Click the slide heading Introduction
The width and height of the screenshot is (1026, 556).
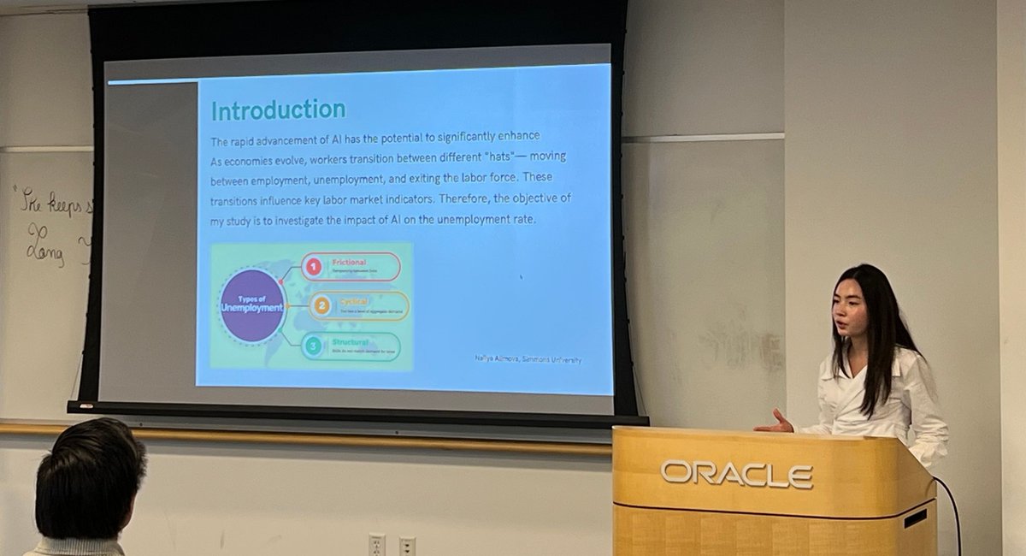(x=278, y=110)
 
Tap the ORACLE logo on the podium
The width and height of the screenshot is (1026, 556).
(x=735, y=473)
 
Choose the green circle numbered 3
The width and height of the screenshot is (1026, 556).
(x=314, y=346)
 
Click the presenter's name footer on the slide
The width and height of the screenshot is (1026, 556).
(x=528, y=360)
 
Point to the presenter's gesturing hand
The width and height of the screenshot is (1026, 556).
(x=777, y=422)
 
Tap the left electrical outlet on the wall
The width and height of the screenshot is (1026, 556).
(x=376, y=545)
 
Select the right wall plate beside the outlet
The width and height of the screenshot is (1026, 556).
(x=407, y=546)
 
